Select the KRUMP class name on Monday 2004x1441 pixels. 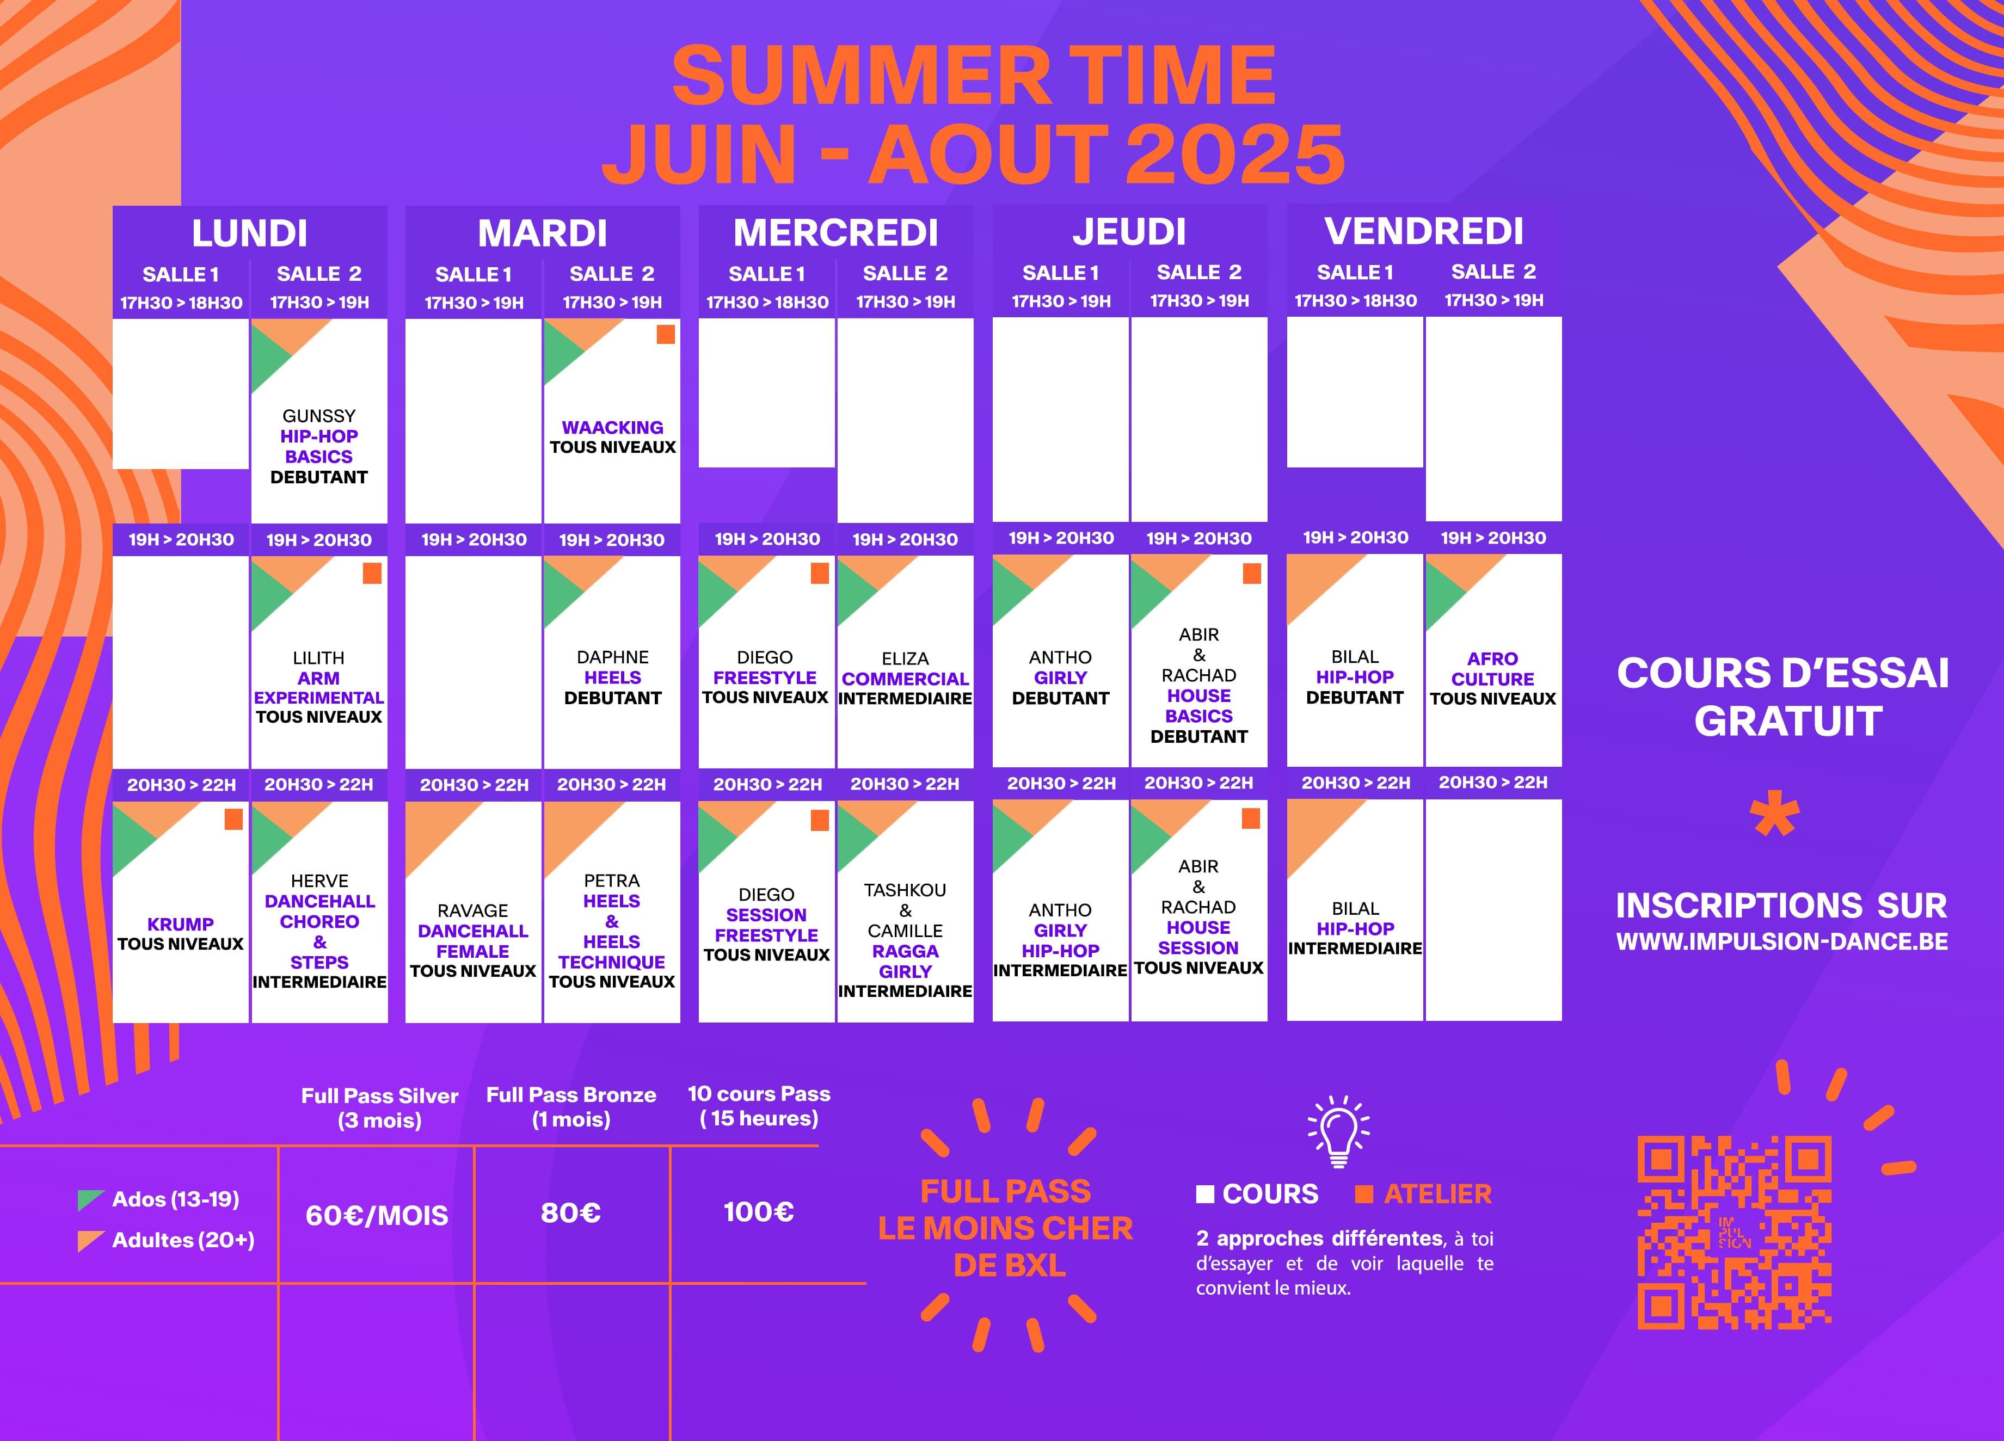[x=180, y=924]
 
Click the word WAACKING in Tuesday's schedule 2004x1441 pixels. [x=612, y=428]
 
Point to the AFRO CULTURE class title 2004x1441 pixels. [x=1492, y=669]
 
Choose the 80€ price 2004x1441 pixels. [x=571, y=1213]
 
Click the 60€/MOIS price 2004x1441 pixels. [x=377, y=1216]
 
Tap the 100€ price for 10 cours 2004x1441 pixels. [x=758, y=1212]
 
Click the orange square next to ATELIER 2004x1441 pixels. [x=1364, y=1194]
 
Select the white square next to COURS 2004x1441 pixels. [x=1205, y=1194]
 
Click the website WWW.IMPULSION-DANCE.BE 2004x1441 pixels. [x=1782, y=942]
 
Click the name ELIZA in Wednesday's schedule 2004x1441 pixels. [x=905, y=659]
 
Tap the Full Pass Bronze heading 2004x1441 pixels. [x=571, y=1095]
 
